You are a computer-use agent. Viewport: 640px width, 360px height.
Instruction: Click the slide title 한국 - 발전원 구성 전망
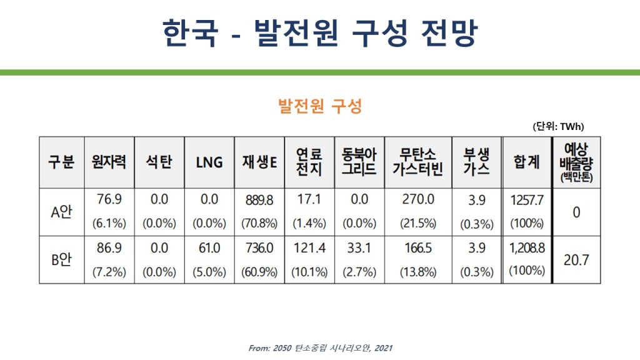(x=319, y=32)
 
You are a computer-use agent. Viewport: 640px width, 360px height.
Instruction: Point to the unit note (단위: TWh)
(x=558, y=126)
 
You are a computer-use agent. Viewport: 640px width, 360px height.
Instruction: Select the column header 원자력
(x=109, y=162)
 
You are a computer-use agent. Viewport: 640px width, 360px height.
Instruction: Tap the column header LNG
(x=209, y=162)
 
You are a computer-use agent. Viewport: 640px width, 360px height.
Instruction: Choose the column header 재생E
(x=259, y=162)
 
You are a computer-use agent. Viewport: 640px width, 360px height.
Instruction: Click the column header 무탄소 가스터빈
(x=417, y=162)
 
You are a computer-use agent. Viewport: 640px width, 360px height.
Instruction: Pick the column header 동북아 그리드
(x=359, y=162)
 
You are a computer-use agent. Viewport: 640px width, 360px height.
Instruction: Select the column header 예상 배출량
(x=576, y=162)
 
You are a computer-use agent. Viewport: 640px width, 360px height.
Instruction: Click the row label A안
(x=61, y=211)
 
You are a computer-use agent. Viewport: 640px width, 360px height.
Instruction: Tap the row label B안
(x=61, y=259)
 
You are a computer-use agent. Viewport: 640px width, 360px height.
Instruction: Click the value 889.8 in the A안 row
(x=259, y=200)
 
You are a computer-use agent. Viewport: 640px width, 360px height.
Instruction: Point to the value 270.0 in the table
(x=417, y=200)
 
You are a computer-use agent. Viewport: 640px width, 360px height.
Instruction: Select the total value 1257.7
(x=527, y=200)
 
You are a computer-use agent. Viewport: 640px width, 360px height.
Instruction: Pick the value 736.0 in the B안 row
(x=259, y=248)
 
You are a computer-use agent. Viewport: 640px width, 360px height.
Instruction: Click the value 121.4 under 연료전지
(x=309, y=248)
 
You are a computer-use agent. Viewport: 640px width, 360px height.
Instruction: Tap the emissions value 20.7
(x=576, y=259)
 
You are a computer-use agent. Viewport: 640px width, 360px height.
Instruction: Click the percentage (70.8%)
(x=259, y=223)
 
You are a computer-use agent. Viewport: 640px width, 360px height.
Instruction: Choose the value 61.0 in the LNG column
(x=209, y=248)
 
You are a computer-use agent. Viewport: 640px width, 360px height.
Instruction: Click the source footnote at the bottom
(x=320, y=348)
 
